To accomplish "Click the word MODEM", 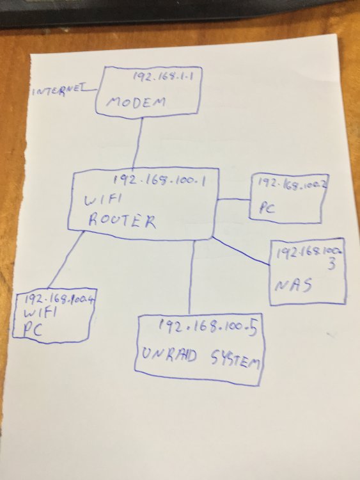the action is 136,102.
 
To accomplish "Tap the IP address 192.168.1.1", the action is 163,76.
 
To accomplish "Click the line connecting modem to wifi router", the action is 138,143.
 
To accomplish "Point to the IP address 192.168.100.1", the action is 159,180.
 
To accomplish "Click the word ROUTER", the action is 121,221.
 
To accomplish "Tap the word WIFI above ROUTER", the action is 103,200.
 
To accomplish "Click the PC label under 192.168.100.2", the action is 267,207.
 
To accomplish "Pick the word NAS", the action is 293,285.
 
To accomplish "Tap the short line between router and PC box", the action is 233,199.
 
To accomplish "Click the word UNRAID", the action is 169,356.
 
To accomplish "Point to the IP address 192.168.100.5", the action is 207,328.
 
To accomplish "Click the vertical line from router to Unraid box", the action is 191,277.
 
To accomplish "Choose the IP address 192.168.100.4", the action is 59,300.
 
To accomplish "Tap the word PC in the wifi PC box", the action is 33,330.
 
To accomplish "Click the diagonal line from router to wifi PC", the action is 65,260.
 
